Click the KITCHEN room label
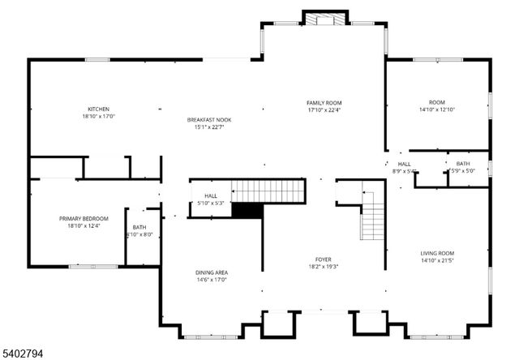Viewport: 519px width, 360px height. pyautogui.click(x=99, y=109)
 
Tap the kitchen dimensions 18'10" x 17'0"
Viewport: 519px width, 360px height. pyautogui.click(x=99, y=117)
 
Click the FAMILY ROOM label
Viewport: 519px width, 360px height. pyautogui.click(x=324, y=103)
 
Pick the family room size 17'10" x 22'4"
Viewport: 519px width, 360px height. pyautogui.click(x=324, y=110)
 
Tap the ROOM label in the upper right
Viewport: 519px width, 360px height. pyautogui.click(x=437, y=101)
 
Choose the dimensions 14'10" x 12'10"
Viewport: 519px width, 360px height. pyautogui.click(x=437, y=109)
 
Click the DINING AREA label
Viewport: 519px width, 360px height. pyautogui.click(x=211, y=272)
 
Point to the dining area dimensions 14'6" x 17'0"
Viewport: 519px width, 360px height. pyautogui.click(x=211, y=281)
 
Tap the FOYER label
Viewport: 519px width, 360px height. pyautogui.click(x=323, y=259)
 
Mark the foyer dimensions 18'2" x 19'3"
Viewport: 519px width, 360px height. pyautogui.click(x=323, y=267)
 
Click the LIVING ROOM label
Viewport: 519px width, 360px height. pyautogui.click(x=437, y=253)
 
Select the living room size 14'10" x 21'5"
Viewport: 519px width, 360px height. pyautogui.click(x=437, y=260)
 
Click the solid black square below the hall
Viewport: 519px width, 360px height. pyautogui.click(x=247, y=210)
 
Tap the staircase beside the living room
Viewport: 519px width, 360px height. pyautogui.click(x=372, y=220)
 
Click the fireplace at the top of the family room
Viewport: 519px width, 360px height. pyautogui.click(x=324, y=19)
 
